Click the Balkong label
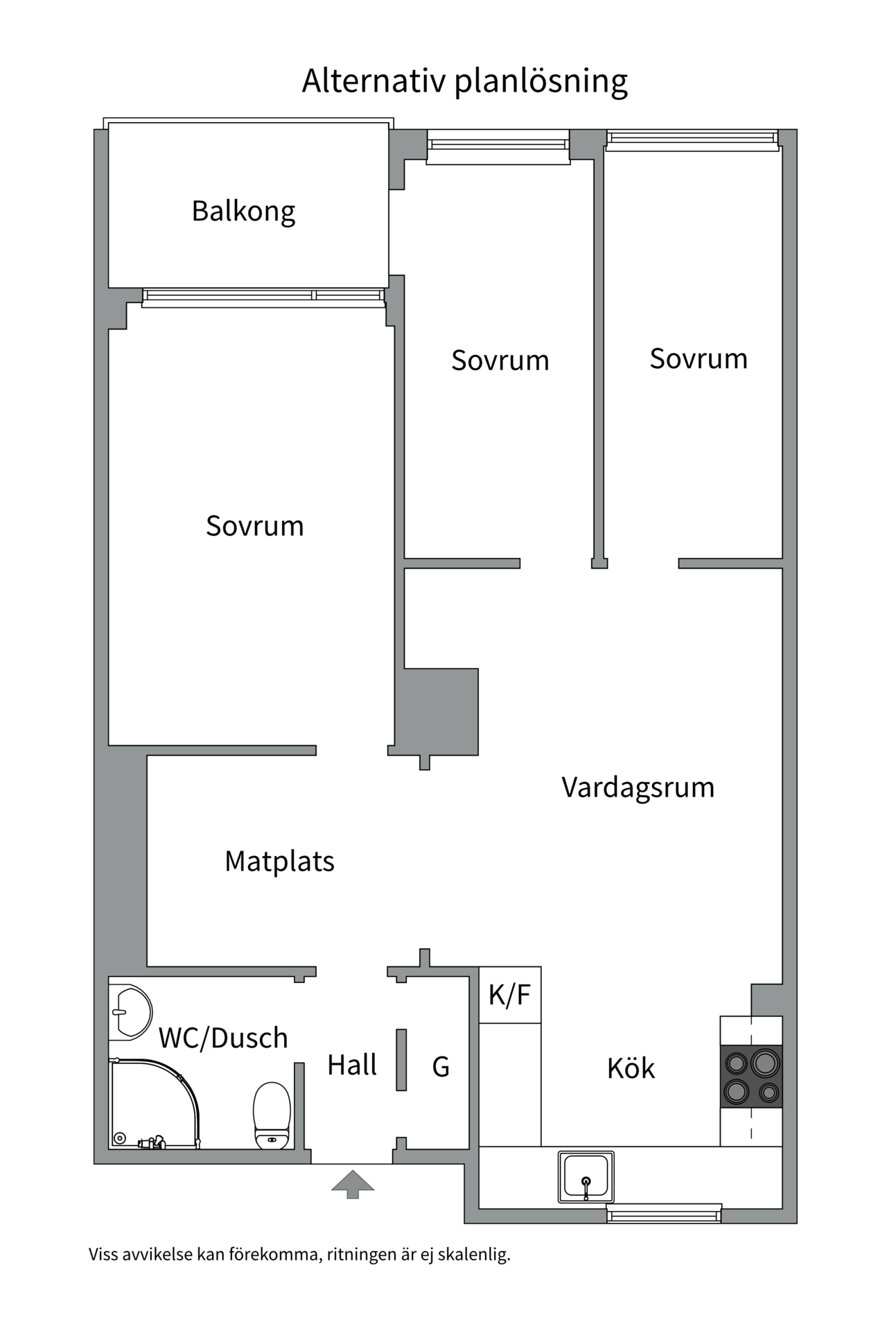[x=243, y=211]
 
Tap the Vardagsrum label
[x=638, y=788]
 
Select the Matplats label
[x=279, y=861]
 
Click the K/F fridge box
[x=510, y=995]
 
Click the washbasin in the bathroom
[x=132, y=1011]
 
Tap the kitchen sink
[x=586, y=1176]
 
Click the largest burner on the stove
[x=766, y=1062]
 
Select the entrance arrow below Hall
[x=353, y=1184]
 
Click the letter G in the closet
[x=441, y=1067]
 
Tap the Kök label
[x=631, y=1068]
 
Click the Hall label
[x=352, y=1065]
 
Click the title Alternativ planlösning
[x=464, y=81]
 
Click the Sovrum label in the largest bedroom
[x=254, y=526]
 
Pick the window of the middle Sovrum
[x=498, y=146]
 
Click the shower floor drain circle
[x=120, y=1138]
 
